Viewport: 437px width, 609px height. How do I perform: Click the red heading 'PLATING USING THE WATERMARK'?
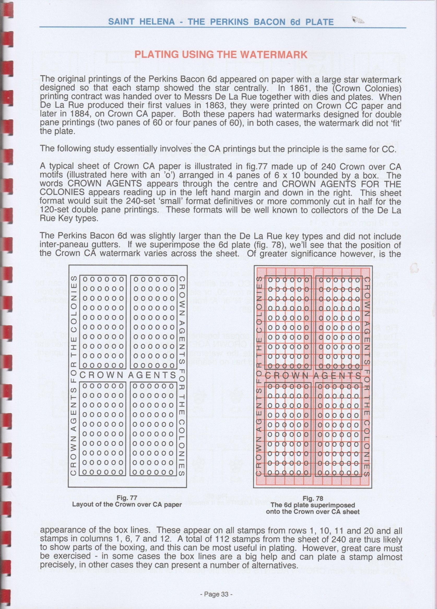tap(221, 55)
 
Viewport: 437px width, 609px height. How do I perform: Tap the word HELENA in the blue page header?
tap(156, 22)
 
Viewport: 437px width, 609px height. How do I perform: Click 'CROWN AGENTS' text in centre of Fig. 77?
tap(128, 375)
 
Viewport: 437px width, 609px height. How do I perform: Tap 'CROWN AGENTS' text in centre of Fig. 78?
tap(313, 376)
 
